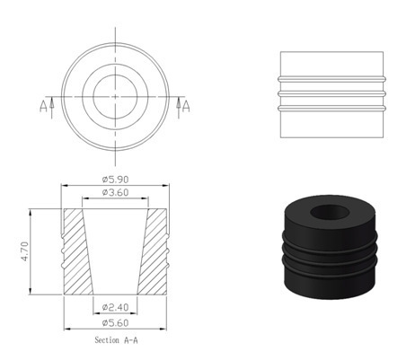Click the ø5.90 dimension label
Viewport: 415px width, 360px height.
pyautogui.click(x=115, y=180)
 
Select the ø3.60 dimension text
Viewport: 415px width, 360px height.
pyautogui.click(x=115, y=192)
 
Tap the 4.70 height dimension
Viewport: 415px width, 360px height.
pyautogui.click(x=24, y=251)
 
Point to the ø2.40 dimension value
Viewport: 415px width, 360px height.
pyautogui.click(x=115, y=307)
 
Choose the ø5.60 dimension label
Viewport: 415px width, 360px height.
pyautogui.click(x=115, y=323)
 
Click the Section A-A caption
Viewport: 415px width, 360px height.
pyautogui.click(x=117, y=340)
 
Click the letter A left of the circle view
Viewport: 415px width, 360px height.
pyautogui.click(x=43, y=106)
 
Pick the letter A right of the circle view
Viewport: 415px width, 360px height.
pyautogui.click(x=186, y=106)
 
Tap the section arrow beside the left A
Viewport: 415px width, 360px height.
pyautogui.click(x=52, y=108)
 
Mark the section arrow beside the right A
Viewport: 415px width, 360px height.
pyautogui.click(x=179, y=108)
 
